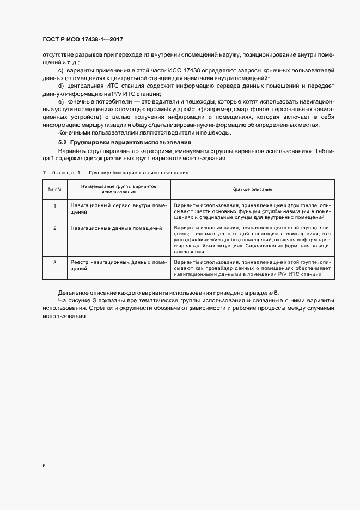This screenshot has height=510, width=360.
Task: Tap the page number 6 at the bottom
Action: pos(44,465)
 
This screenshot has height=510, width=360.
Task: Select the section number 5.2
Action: pos(63,142)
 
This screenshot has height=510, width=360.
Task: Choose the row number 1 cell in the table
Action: pos(54,205)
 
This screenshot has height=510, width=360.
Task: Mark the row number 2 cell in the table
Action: pos(54,228)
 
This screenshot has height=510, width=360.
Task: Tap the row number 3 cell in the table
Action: pos(54,263)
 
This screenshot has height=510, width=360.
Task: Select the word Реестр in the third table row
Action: pos(80,263)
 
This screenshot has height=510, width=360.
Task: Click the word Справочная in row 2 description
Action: pos(261,246)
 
